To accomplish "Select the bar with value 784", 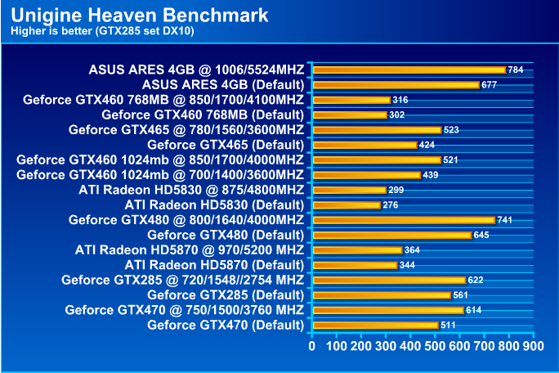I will point(409,70).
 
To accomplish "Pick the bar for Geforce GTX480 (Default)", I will point(391,235).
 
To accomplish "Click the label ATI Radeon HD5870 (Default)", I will point(214,265).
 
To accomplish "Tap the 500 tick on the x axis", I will point(435,346).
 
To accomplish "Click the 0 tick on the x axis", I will point(312,346).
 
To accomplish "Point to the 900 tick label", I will point(533,346).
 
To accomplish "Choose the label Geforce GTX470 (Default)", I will point(226,325).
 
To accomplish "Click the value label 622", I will point(476,280).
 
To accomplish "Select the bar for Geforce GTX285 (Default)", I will point(381,294).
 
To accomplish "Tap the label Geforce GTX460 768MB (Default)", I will point(203,115).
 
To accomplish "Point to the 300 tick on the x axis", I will point(386,346).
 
